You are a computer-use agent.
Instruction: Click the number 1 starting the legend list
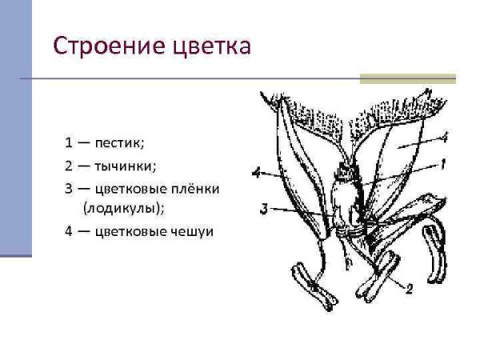pos(70,143)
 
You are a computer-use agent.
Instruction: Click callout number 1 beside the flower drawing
pos(442,163)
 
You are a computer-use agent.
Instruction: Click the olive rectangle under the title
pos(407,78)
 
